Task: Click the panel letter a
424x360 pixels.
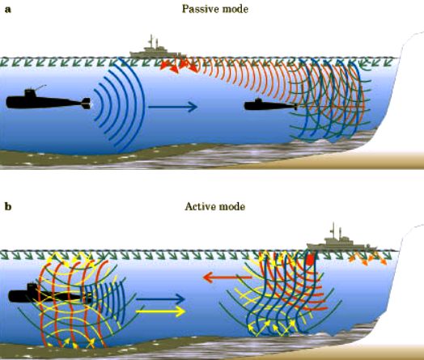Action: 8,10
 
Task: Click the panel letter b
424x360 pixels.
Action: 8,207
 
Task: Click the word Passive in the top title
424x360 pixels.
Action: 200,9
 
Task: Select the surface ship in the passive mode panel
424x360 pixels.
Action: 158,49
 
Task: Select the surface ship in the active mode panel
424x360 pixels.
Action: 341,240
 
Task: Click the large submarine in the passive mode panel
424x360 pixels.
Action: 48,100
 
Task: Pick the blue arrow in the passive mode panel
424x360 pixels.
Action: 172,107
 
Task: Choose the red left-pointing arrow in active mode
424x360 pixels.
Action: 227,277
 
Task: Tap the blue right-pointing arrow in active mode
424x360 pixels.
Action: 160,299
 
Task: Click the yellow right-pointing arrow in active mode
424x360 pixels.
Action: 160,311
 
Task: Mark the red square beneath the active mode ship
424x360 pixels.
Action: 310,260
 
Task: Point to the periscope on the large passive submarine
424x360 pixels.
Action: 40,87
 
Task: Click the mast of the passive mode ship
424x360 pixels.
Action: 151,41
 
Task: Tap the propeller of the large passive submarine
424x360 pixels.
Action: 87,104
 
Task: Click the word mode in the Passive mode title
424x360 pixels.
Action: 234,9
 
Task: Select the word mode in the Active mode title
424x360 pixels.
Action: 232,207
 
